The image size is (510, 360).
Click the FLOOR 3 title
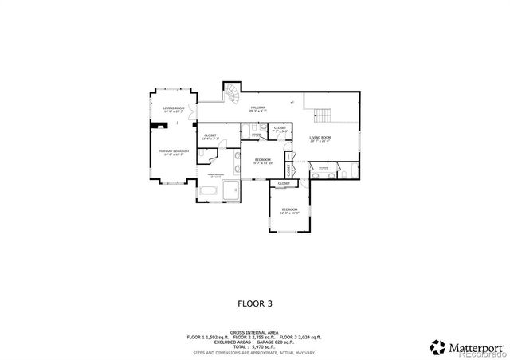pos(255,303)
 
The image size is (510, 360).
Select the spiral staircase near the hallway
pos(230,94)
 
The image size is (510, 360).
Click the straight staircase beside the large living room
pos(320,114)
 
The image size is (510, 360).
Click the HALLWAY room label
pos(257,108)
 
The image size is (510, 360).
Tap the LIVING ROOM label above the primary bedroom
pos(174,109)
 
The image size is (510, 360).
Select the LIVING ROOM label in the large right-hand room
pos(320,139)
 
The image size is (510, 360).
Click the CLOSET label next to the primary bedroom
pos(210,136)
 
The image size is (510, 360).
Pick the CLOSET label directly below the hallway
pos(280,128)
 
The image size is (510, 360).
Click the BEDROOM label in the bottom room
pos(288,210)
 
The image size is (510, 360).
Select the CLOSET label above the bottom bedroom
pos(284,184)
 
